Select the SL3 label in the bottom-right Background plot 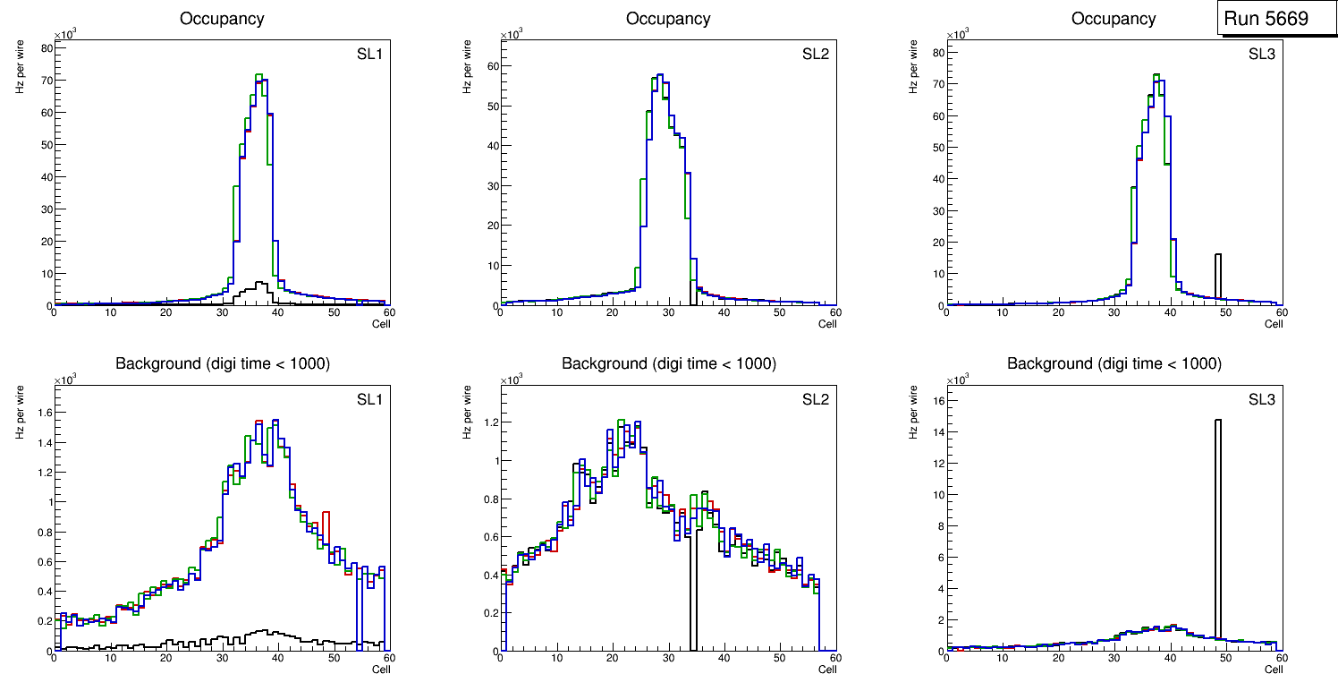click(x=1261, y=399)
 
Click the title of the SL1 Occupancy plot click(x=221, y=19)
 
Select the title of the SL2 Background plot click(x=668, y=363)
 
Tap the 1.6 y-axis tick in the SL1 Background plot click(x=42, y=413)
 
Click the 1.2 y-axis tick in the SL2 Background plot click(x=487, y=422)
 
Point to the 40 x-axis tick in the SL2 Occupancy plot click(x=724, y=312)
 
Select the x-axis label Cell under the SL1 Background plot click(x=381, y=669)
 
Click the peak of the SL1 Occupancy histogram click(x=258, y=75)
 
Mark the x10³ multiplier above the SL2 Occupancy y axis click(x=511, y=35)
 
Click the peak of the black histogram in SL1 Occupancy click(x=258, y=282)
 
